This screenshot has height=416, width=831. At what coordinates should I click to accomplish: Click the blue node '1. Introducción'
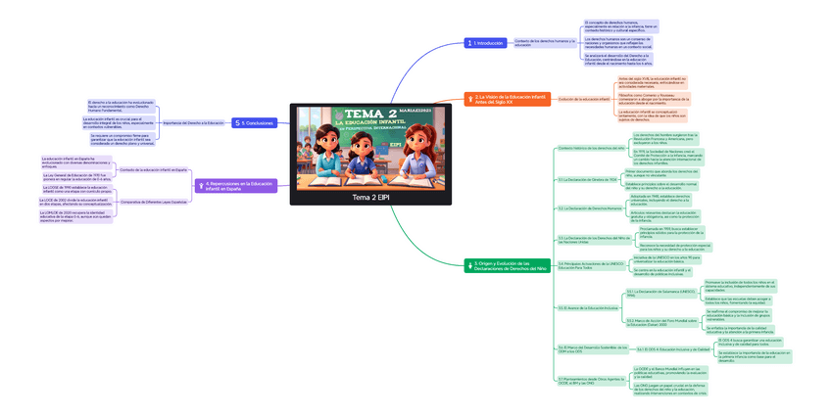pyautogui.click(x=487, y=43)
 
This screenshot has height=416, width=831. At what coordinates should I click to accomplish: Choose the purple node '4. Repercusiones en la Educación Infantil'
pyautogui.click(x=239, y=186)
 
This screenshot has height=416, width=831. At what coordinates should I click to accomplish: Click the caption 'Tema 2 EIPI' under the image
pyautogui.click(x=370, y=197)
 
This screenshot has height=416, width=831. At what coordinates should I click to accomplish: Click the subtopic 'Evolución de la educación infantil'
pyautogui.click(x=583, y=99)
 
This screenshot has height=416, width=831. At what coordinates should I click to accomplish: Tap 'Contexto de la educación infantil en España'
pyautogui.click(x=153, y=169)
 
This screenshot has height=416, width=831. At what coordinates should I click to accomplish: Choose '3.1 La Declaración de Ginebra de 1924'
pyautogui.click(x=587, y=179)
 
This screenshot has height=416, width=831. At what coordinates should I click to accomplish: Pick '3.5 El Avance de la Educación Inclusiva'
pyautogui.click(x=588, y=307)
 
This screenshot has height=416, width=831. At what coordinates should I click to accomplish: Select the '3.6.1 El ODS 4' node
pyautogui.click(x=673, y=348)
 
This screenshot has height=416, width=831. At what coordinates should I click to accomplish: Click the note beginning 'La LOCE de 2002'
pyautogui.click(x=73, y=201)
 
